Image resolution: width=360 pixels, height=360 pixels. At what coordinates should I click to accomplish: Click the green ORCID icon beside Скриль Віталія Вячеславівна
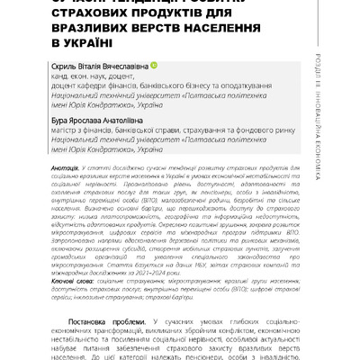click(x=154, y=66)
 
